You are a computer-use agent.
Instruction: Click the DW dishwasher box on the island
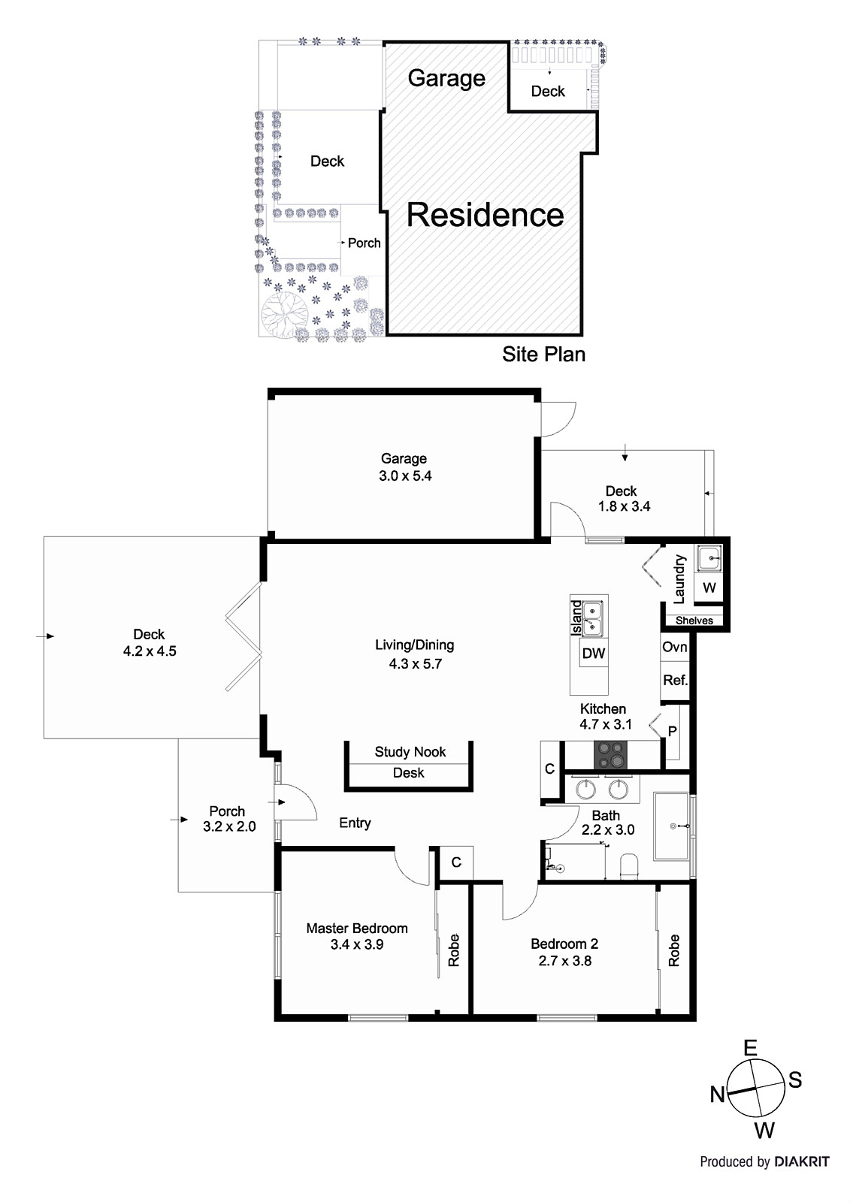coord(593,653)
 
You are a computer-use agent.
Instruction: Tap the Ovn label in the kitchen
coord(674,647)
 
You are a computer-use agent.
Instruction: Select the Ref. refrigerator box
coord(675,680)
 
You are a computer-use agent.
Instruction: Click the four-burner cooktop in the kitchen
coord(610,755)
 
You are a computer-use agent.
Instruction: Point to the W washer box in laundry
coord(709,587)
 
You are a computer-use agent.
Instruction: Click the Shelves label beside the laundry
coord(694,621)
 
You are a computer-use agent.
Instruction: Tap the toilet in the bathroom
coord(629,865)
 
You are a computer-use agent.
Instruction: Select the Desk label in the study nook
coord(409,772)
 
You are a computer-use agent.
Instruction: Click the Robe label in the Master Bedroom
coord(453,950)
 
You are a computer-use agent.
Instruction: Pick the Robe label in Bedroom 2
coord(673,950)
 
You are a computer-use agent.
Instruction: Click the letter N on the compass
coord(718,1095)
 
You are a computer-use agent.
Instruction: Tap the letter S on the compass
coord(794,1080)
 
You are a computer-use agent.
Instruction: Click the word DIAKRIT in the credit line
coord(802,1161)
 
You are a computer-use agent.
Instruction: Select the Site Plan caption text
coord(543,354)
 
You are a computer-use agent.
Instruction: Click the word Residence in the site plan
coord(485,215)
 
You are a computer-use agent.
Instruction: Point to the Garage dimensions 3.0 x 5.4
coord(405,476)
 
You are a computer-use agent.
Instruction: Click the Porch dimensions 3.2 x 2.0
coord(229,826)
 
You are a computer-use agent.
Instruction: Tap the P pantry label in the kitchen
coord(672,731)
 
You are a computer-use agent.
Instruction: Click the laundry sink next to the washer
coord(709,559)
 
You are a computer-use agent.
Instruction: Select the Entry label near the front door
coord(355,823)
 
